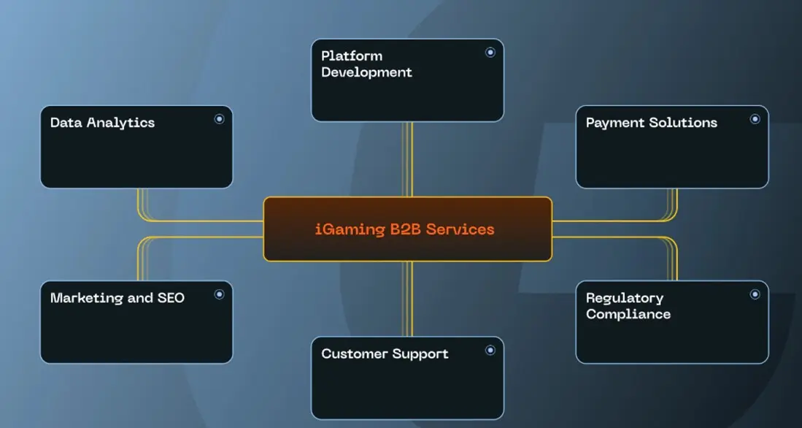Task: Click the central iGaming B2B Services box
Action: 407,229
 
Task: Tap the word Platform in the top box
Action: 352,56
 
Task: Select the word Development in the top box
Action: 366,72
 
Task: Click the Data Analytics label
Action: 102,123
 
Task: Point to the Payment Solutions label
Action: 651,123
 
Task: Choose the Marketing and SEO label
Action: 117,298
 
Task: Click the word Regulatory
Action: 624,298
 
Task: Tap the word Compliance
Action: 628,314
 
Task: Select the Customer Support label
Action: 385,354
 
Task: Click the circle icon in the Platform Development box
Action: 490,52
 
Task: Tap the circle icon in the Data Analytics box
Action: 219,119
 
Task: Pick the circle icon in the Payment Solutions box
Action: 755,119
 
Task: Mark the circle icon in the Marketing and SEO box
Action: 219,294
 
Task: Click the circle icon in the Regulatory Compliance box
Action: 755,294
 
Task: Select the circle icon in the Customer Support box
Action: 490,350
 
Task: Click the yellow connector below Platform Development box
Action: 408,158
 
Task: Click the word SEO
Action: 171,298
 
